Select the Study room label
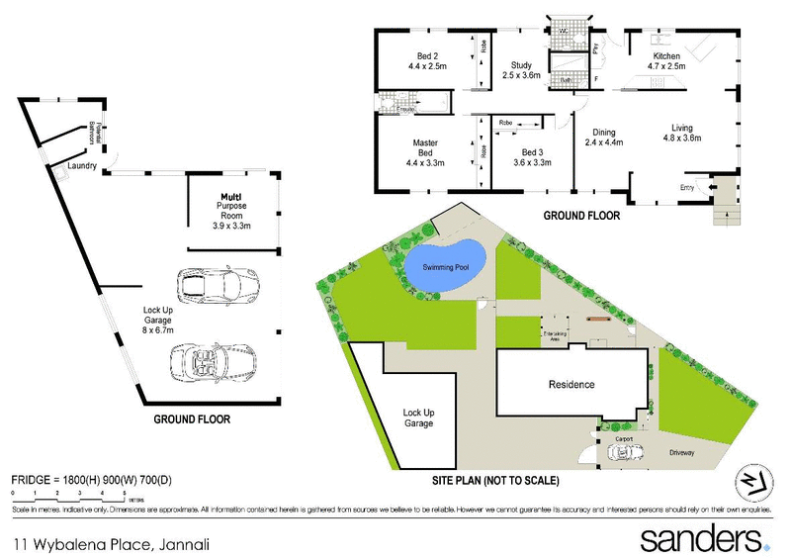(522, 69)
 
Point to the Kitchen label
(664, 61)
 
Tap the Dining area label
(603, 138)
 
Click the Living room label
(681, 133)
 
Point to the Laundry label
(82, 166)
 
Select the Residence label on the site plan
(571, 384)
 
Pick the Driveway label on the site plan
(681, 453)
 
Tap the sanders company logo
(705, 540)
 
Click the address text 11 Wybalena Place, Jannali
(111, 543)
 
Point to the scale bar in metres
(68, 494)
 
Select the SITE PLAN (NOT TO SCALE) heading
(496, 480)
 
